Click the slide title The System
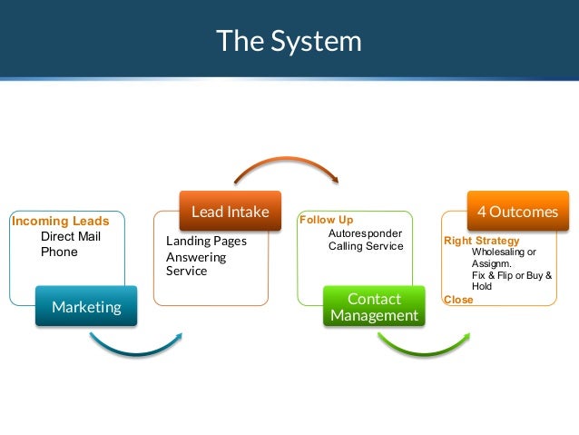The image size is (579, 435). pyautogui.click(x=289, y=41)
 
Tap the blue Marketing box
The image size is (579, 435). pyautogui.click(x=86, y=307)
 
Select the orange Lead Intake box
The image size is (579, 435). pyautogui.click(x=230, y=212)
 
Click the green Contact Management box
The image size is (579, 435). pyautogui.click(x=374, y=307)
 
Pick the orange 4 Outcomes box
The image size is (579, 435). pyautogui.click(x=517, y=212)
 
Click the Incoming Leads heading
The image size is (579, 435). pyautogui.click(x=60, y=222)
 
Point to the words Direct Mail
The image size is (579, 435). pyautogui.click(x=71, y=237)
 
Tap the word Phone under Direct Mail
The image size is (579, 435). pyautogui.click(x=59, y=252)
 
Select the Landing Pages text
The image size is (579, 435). pyautogui.click(x=206, y=242)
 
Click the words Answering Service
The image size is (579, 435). pyautogui.click(x=196, y=264)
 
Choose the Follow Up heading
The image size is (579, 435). pyautogui.click(x=327, y=220)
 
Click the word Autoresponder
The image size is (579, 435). pyautogui.click(x=365, y=233)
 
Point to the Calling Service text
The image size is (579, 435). pyautogui.click(x=366, y=246)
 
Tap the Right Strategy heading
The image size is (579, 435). pyautogui.click(x=481, y=241)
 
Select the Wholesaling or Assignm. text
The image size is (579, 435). pyautogui.click(x=504, y=258)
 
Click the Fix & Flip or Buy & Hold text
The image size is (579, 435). pyautogui.click(x=510, y=281)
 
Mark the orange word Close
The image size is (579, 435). pyautogui.click(x=458, y=299)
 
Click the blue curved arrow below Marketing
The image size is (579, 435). pyautogui.click(x=136, y=346)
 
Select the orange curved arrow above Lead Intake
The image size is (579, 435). pyautogui.click(x=287, y=169)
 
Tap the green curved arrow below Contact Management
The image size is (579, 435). pyautogui.click(x=422, y=346)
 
